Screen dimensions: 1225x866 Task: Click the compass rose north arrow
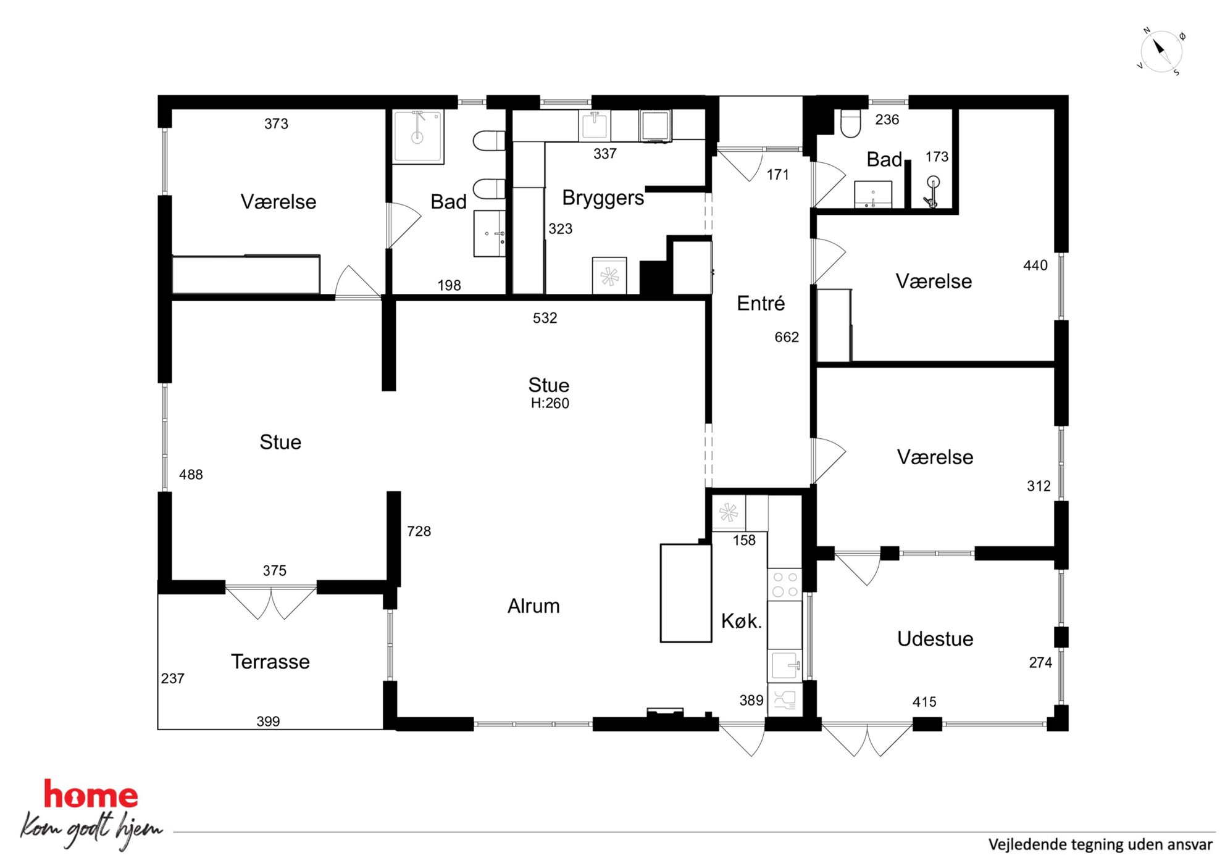click(1158, 47)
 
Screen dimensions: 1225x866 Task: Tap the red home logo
click(91, 795)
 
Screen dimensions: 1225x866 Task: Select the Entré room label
click(761, 303)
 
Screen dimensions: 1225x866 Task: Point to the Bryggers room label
click(603, 198)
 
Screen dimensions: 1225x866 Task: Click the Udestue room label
click(935, 639)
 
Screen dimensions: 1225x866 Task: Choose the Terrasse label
click(270, 662)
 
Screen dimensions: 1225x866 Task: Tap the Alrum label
click(533, 606)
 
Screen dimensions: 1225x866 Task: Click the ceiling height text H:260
click(550, 403)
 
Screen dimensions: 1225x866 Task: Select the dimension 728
click(419, 531)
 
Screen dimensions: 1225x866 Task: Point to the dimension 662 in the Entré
click(787, 337)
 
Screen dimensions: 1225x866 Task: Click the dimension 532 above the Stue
click(545, 318)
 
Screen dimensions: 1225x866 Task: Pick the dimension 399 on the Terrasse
click(268, 721)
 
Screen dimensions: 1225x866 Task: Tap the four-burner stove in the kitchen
click(785, 584)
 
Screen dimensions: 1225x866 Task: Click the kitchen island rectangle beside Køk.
click(686, 593)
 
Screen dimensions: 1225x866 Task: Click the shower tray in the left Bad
click(418, 137)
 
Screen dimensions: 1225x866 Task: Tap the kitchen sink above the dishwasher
click(785, 665)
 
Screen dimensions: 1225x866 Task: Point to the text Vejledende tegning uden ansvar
click(1100, 844)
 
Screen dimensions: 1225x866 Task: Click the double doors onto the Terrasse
click(271, 602)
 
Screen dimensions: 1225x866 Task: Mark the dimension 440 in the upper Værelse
click(1035, 265)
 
